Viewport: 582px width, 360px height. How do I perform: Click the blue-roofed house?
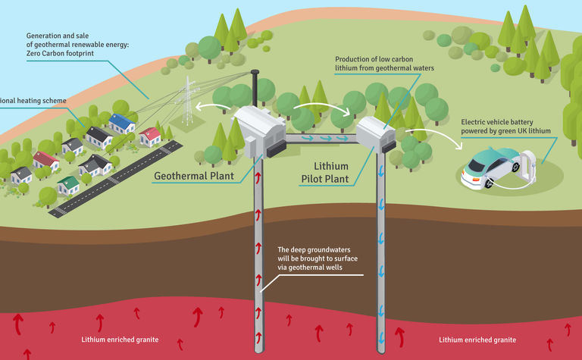pos(121,122)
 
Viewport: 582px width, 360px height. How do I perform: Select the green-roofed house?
pos(70,183)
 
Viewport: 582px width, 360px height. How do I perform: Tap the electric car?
pos(493,168)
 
